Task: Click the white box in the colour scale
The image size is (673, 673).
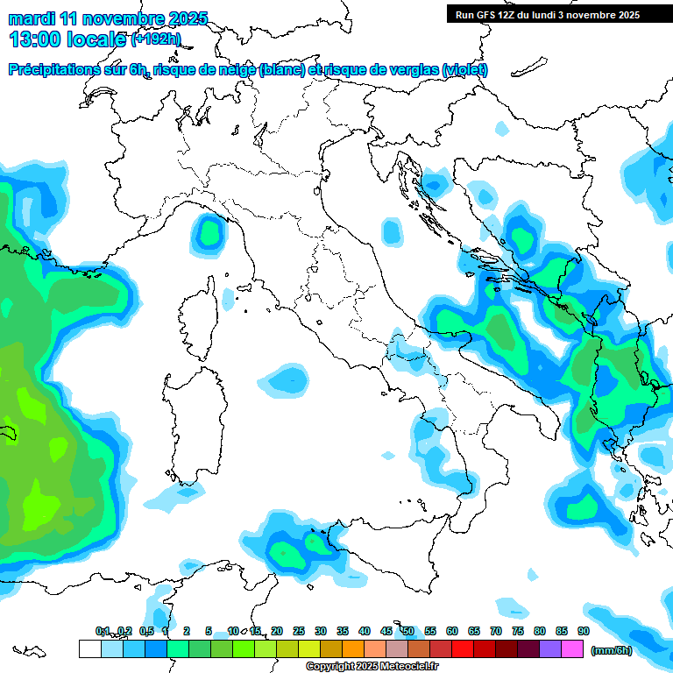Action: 89,648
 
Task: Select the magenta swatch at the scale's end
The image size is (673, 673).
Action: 572,648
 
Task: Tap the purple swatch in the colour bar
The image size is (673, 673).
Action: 550,648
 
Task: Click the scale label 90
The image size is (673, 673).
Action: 583,631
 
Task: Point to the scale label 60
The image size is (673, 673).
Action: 452,631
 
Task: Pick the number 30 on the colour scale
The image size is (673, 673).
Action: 321,631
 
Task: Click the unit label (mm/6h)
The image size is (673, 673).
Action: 612,650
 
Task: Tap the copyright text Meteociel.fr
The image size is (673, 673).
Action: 413,667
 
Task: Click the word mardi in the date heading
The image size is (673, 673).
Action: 31,18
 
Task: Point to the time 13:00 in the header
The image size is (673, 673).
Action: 35,39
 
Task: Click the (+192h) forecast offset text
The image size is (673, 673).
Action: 156,39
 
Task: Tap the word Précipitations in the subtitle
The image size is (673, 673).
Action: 53,70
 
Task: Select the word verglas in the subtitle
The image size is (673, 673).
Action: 419,70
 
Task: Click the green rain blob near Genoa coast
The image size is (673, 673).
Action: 209,232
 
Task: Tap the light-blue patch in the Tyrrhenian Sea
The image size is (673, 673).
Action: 286,379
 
